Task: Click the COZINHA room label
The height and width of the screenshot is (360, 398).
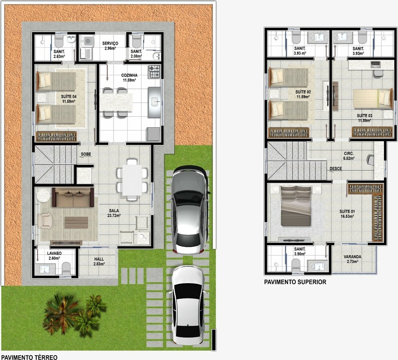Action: pos(129,75)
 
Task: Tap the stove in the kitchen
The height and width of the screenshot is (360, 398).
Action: pos(154,71)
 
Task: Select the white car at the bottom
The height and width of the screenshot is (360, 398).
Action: pos(188,305)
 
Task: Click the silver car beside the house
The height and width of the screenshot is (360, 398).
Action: pos(189,210)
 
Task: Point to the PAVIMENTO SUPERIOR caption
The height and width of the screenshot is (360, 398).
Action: pos(295,282)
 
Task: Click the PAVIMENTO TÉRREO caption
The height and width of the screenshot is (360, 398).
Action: pos(29,357)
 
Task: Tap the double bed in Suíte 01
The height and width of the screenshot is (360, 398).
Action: pos(296,206)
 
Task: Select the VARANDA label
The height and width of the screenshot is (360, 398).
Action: pos(352,256)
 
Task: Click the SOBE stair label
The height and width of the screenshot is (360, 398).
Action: pos(86,154)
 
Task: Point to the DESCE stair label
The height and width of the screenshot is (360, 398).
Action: pos(336,168)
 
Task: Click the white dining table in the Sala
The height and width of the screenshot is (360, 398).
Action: pos(132,180)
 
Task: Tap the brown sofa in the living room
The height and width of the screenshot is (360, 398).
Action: pos(73,198)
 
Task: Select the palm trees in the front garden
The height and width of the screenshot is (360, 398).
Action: pos(74,315)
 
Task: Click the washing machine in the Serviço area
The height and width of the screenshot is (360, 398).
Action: pos(87,41)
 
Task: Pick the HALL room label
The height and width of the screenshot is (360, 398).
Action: pos(99,259)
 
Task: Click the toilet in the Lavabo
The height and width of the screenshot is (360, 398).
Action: pos(66,268)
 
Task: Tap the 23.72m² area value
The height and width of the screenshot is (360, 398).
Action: pos(114,216)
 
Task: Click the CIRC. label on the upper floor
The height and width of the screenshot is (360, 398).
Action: pos(349,154)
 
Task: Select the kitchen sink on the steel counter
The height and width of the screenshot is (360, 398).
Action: pos(155,102)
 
